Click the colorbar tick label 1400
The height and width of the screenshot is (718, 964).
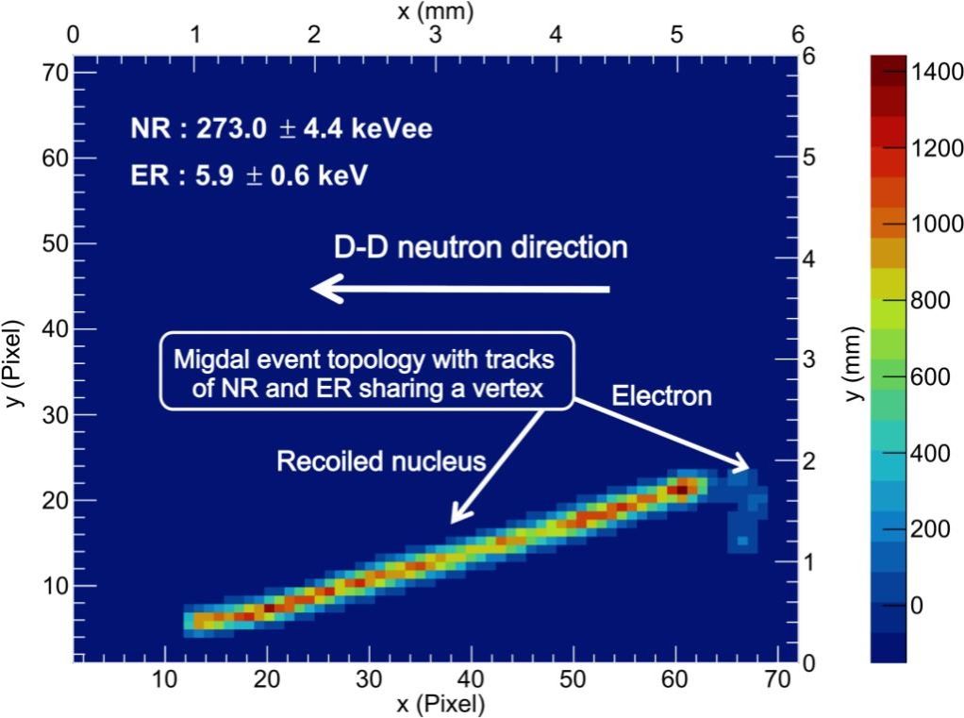click(931, 73)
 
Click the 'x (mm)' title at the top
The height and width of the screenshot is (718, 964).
click(435, 12)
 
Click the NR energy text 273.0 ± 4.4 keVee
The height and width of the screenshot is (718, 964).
click(281, 128)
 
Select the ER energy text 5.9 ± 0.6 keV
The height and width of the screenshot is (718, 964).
click(248, 175)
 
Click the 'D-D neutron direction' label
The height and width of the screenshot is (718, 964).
click(480, 247)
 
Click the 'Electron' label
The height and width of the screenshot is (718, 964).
click(661, 395)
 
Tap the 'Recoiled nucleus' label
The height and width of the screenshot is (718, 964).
click(380, 460)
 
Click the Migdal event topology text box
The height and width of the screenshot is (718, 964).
click(364, 371)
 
